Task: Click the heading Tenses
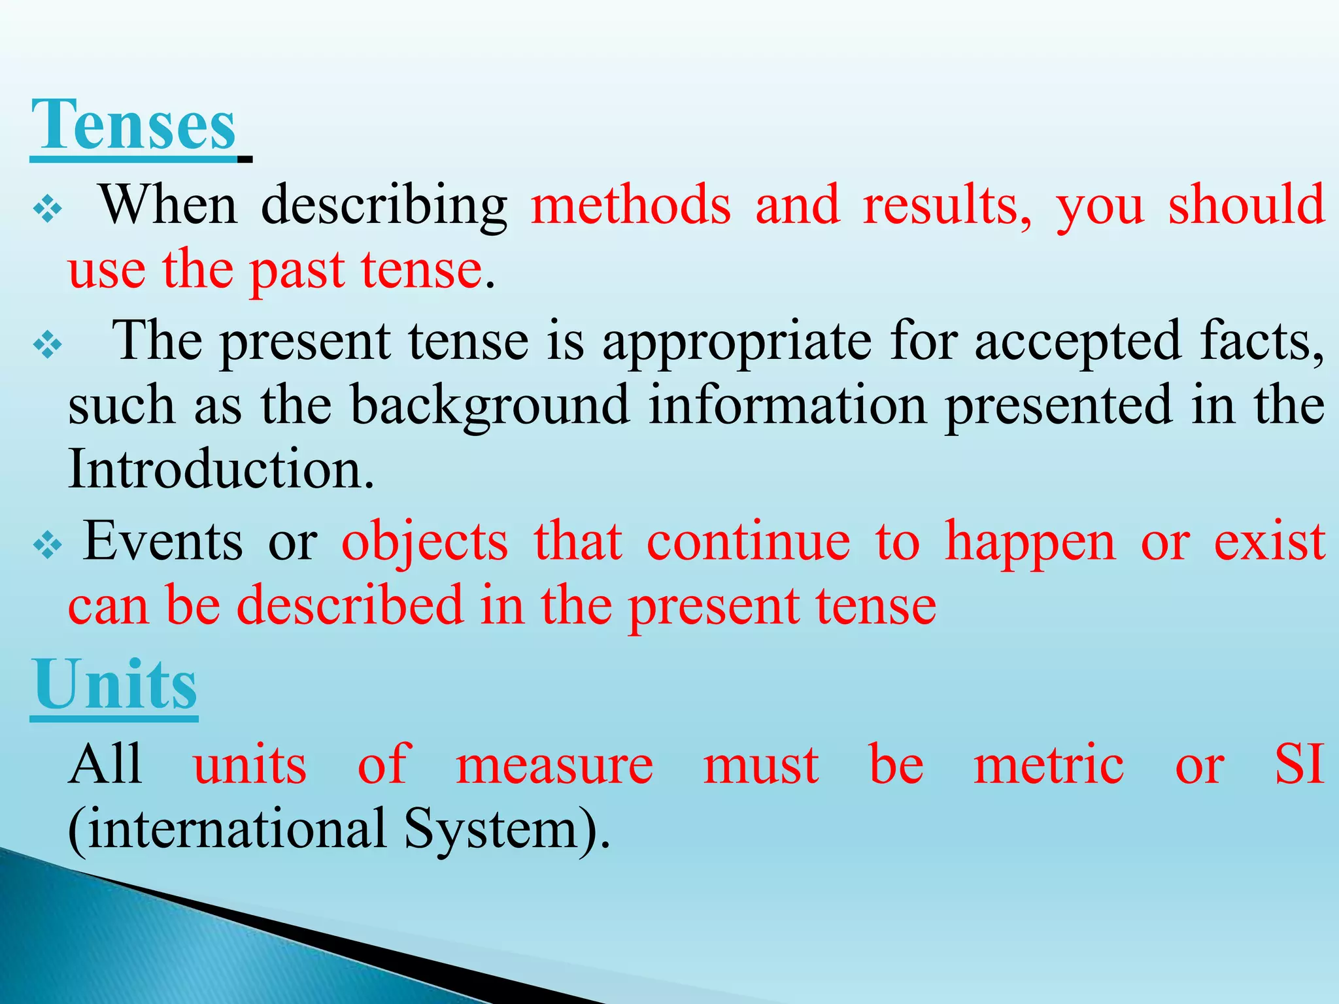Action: tap(133, 124)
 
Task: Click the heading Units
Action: tap(114, 685)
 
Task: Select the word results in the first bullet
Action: tap(947, 205)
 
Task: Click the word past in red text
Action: tap(297, 271)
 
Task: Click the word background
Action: tap(490, 406)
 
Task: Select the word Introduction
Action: tap(221, 469)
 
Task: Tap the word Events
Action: tap(163, 542)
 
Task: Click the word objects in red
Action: tap(425, 542)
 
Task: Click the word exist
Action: tap(1269, 542)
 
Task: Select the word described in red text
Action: tap(350, 605)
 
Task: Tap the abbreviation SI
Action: tap(1299, 764)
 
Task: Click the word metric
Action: tap(1049, 764)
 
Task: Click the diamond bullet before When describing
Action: tap(47, 210)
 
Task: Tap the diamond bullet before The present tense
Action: tap(47, 346)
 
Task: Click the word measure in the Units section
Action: tap(554, 764)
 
